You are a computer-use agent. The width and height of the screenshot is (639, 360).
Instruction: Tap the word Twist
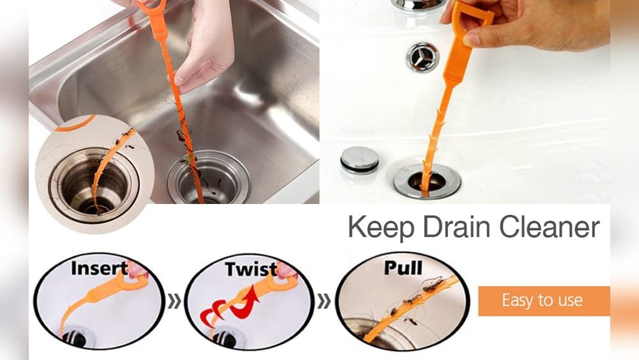[x=251, y=269]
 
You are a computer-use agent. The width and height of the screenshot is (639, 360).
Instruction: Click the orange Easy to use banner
[x=543, y=301]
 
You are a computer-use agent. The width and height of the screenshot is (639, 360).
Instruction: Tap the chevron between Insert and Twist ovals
[x=174, y=301]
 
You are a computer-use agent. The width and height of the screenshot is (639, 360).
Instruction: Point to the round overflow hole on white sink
[x=422, y=56]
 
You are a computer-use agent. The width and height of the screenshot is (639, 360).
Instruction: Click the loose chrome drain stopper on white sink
[x=359, y=159]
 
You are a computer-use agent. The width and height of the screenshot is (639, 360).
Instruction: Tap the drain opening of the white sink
[x=427, y=181]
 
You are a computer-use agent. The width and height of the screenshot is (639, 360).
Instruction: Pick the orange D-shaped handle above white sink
[x=472, y=19]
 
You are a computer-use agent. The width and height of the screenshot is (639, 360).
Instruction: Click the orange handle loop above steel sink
[x=151, y=8]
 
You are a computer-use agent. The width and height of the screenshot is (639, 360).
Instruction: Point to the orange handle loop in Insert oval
[x=136, y=271]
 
